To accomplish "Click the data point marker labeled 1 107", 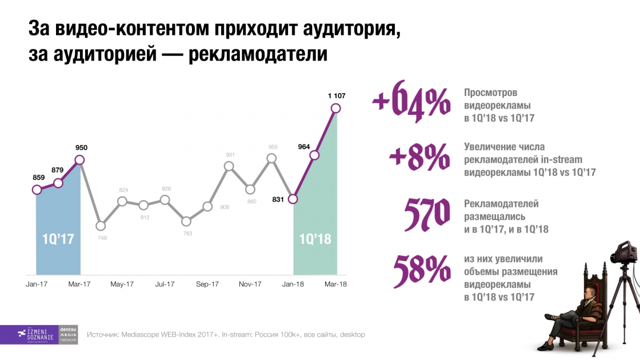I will point(336,108).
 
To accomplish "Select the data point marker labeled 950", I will point(79,160).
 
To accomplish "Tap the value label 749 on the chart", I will point(102,238).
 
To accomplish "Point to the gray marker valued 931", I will point(229,166).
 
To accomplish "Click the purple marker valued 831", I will point(293,199).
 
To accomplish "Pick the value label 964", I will point(304,147).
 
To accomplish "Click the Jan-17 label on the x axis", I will point(37,284).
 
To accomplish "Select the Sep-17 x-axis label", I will point(207,284).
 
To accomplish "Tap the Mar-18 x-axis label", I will point(335,284).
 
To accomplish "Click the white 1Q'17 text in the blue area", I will point(58,239).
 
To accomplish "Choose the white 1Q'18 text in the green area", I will point(315,239).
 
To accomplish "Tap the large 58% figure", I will point(421,268).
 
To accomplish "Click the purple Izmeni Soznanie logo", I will point(29,334).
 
